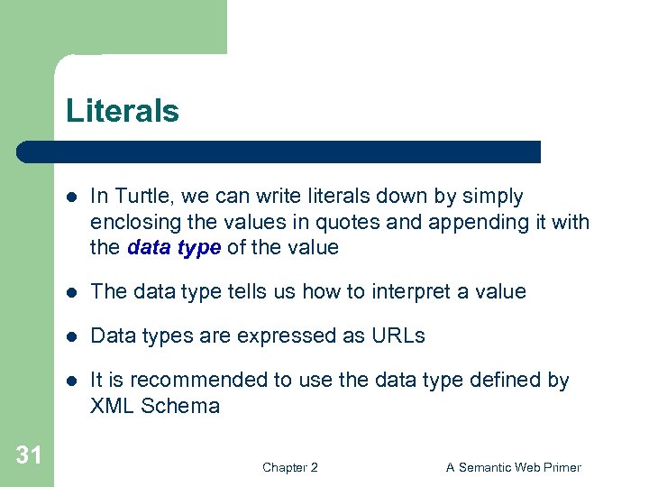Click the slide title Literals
[123, 112]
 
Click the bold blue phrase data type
[174, 247]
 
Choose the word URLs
[398, 335]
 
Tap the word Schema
[181, 406]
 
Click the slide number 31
[29, 455]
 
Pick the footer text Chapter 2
[289, 467]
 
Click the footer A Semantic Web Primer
[514, 467]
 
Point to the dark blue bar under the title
[279, 152]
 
